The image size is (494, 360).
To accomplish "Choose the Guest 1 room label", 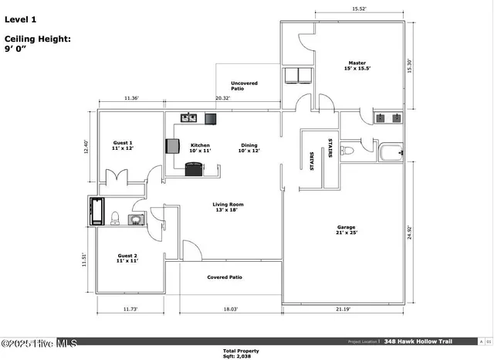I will click(x=123, y=144).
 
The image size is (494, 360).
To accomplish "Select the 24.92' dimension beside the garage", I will click(x=411, y=232).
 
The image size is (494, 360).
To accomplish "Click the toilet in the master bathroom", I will click(x=347, y=151).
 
